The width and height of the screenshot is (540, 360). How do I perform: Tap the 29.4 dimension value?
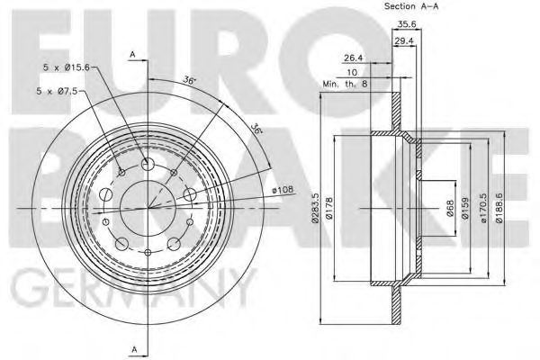pyautogui.click(x=404, y=41)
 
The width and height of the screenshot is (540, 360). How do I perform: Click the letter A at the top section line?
pyautogui.click(x=132, y=56)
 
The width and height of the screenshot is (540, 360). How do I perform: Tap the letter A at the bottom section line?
pyautogui.click(x=132, y=349)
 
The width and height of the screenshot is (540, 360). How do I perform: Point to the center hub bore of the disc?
pyautogui.click(x=147, y=208)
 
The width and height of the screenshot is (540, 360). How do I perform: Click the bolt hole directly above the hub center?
pyautogui.click(x=147, y=164)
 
